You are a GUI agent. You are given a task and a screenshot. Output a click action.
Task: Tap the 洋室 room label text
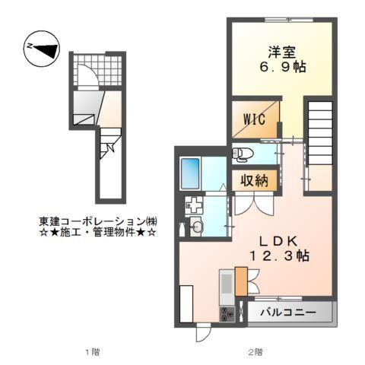point(281,52)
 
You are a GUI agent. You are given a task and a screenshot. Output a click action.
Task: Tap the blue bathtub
point(191,173)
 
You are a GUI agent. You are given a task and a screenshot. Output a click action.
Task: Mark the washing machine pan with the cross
point(195,204)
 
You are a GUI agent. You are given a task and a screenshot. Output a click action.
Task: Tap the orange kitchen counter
point(243,281)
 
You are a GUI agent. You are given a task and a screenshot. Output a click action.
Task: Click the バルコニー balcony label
point(289,313)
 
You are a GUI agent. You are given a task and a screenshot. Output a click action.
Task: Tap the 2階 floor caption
point(255,351)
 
